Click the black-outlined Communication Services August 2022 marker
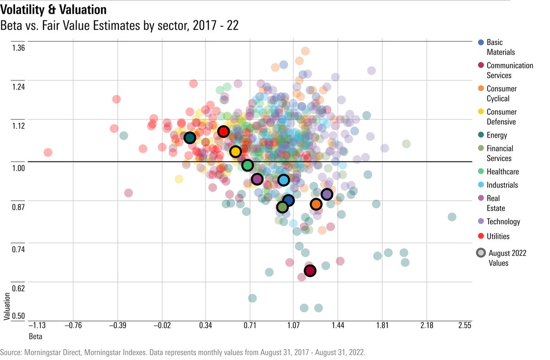pos(310,271)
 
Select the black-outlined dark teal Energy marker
pos(190,138)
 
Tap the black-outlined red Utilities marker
pos(223,132)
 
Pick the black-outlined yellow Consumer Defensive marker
pos(235,152)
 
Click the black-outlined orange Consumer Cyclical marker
pos(316,204)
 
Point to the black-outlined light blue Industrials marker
pos(284,180)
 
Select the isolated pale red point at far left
pos(47,152)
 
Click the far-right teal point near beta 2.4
pos(452,217)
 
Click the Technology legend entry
pos(503,222)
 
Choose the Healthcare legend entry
pos(502,172)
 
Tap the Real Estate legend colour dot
pos(481,199)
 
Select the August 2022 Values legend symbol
pos(481,253)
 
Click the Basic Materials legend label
pos(500,47)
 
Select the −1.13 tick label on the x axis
pos(37,326)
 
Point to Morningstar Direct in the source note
pos(50,353)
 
